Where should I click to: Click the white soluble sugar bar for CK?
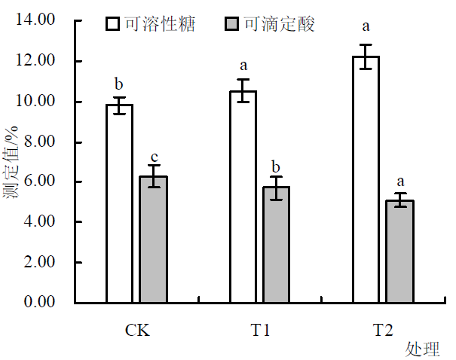119,203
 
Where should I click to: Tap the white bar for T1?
243,197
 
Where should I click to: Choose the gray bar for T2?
401,252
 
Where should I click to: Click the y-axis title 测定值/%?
12,163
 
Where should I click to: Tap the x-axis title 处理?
423,349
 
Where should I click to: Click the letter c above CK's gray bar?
154,154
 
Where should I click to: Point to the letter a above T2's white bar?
366,27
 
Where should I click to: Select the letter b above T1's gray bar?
277,166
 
